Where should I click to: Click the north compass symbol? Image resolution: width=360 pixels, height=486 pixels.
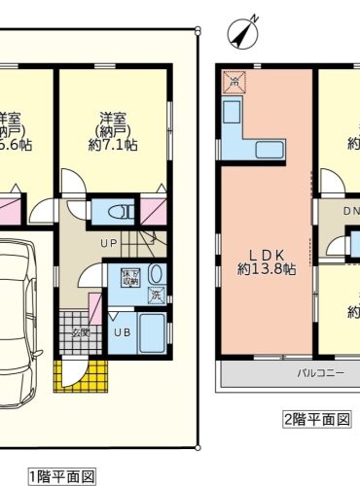(x=242, y=33)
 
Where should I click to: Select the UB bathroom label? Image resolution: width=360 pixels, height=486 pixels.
(x=122, y=332)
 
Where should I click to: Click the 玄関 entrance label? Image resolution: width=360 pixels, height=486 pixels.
(x=79, y=332)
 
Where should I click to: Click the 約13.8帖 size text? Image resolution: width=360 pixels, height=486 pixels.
(x=266, y=269)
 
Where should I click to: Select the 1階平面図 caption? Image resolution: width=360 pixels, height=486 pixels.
(x=61, y=476)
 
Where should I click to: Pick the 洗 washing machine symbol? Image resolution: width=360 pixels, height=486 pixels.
(x=156, y=295)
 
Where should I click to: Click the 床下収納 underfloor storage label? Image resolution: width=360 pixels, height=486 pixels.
(x=129, y=277)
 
